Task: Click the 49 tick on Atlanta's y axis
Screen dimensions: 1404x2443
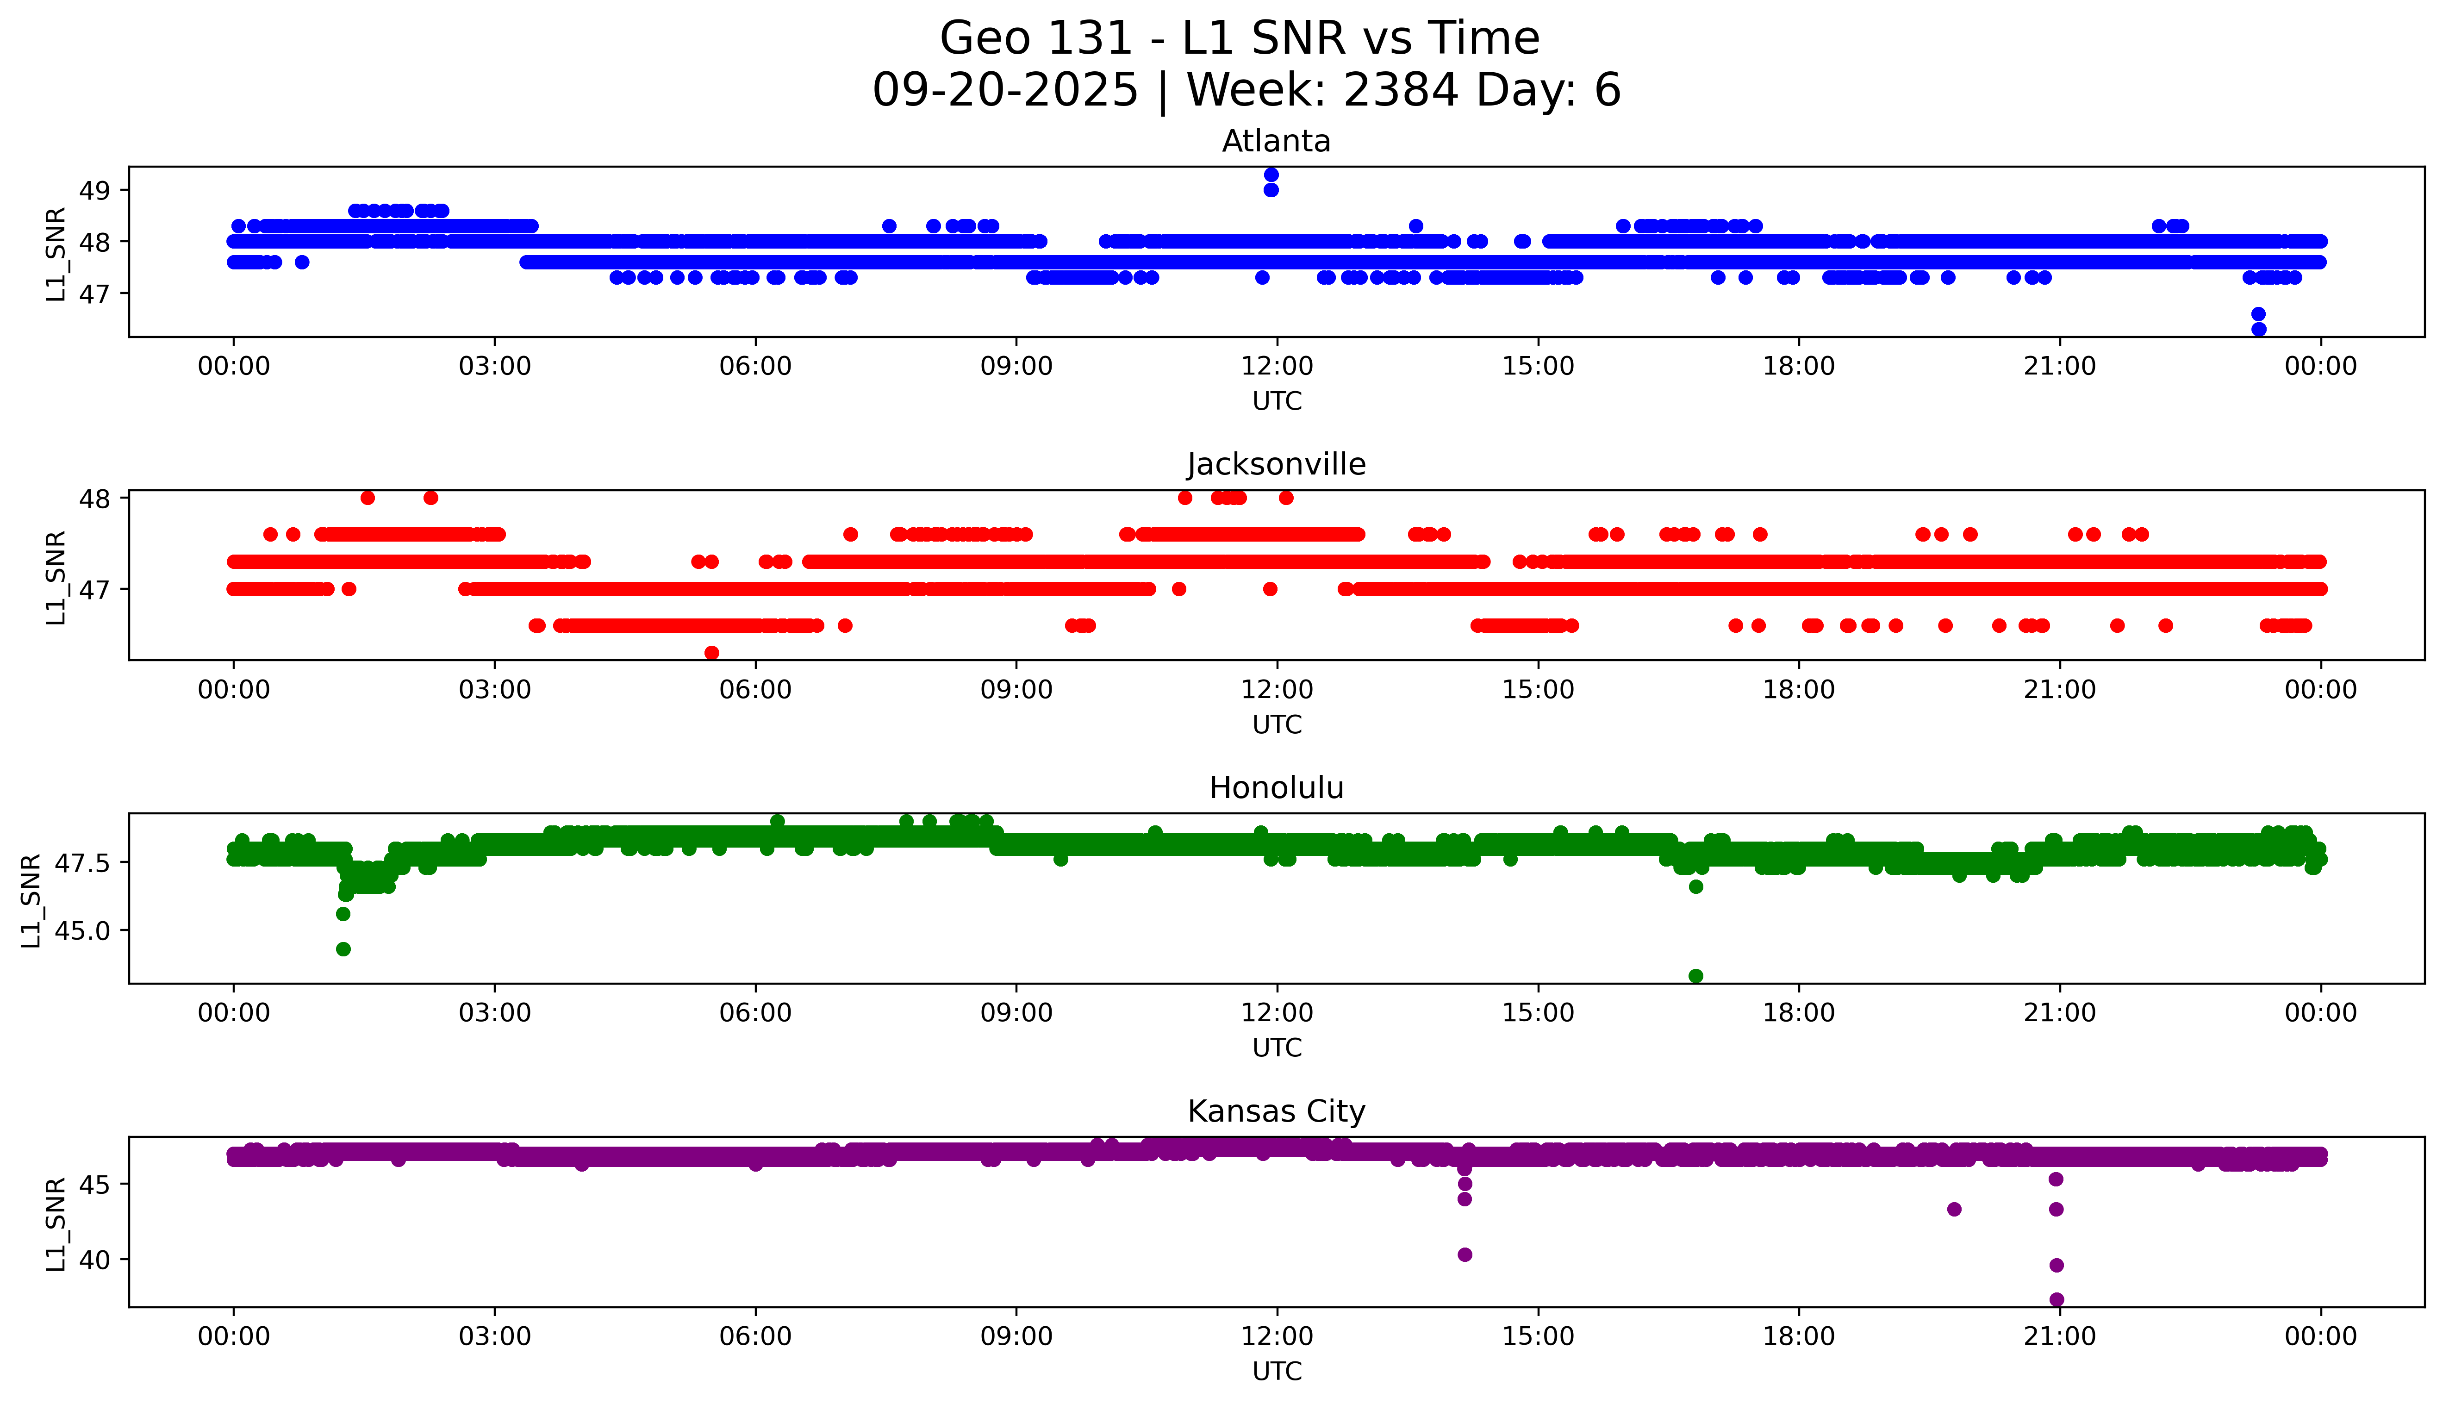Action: (x=94, y=190)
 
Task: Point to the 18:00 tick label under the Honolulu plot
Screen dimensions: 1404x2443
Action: (x=1799, y=1012)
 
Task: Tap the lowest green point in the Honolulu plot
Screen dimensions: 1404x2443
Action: (x=1696, y=976)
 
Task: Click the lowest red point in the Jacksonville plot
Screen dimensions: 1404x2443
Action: (x=711, y=653)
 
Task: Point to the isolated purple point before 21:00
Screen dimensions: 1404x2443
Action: (x=1954, y=1209)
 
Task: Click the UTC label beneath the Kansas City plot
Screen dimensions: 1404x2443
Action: (x=1277, y=1370)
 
